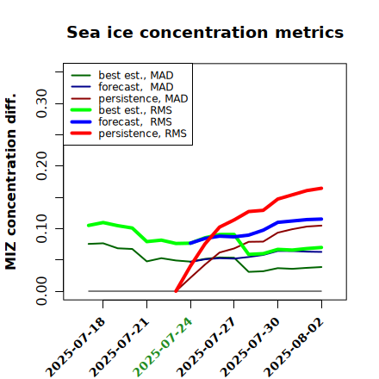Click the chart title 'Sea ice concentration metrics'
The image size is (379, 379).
tap(205, 32)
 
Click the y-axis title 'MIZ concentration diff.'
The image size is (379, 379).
tap(10, 182)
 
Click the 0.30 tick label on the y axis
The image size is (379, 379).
tap(42, 103)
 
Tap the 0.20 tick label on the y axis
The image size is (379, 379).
tap(42, 165)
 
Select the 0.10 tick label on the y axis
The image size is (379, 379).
tap(42, 228)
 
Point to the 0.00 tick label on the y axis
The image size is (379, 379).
tap(42, 291)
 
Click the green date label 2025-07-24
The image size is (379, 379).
tap(163, 347)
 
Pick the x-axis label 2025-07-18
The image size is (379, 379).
tap(75, 347)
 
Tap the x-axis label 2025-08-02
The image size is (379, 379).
tap(294, 347)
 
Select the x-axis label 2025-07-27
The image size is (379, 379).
tap(206, 347)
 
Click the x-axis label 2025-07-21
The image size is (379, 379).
tap(119, 347)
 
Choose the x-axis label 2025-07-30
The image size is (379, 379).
tap(250, 347)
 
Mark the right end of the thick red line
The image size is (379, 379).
tap(321, 189)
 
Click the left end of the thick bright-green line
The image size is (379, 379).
tap(89, 226)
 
